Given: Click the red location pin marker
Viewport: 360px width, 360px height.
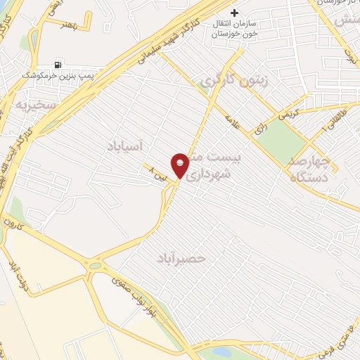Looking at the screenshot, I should pos(180,165).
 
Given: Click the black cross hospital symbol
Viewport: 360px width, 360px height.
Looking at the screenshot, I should pos(235,13).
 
